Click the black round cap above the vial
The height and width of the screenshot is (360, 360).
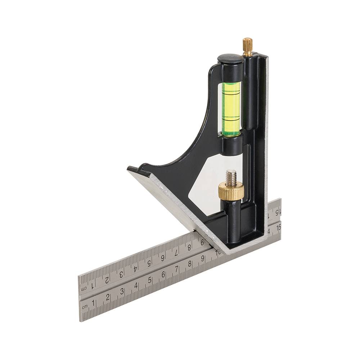(229, 59)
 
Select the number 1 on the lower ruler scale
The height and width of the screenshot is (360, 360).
(94, 302)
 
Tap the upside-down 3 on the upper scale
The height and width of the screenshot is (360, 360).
(121, 274)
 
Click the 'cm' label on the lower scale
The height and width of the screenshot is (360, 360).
(85, 307)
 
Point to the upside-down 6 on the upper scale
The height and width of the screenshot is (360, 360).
(163, 258)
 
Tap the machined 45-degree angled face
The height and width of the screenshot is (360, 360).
(180, 202)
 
